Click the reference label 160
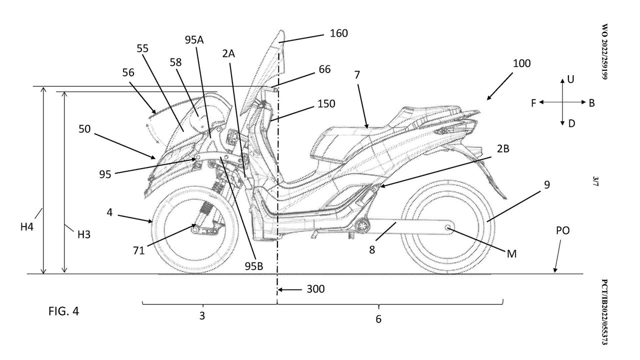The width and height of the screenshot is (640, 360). click(338, 33)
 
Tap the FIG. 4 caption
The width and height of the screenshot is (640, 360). click(63, 311)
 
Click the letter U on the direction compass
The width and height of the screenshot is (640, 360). click(570, 79)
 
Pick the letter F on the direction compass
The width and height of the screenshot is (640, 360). click(533, 102)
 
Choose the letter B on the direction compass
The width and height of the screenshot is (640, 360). click(591, 102)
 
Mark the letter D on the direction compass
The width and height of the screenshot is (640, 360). click(571, 123)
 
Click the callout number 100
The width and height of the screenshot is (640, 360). click(521, 63)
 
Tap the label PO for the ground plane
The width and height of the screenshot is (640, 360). click(562, 231)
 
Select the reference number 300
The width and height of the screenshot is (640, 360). click(315, 289)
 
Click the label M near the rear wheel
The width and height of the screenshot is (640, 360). click(511, 253)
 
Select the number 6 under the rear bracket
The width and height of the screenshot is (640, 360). click(378, 318)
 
